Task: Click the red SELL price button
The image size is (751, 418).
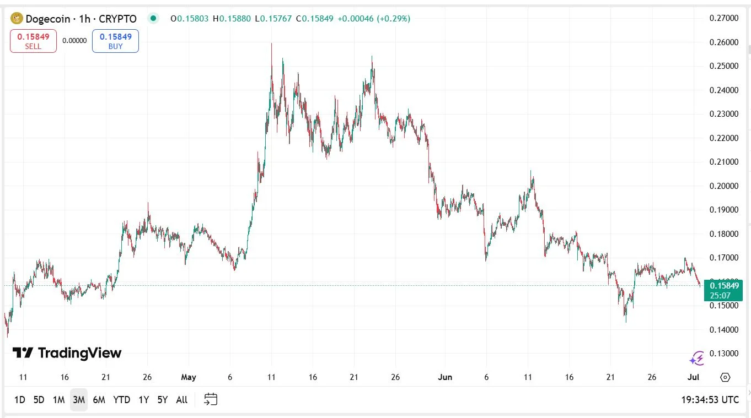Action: tap(33, 41)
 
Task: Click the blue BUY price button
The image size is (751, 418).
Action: tap(115, 41)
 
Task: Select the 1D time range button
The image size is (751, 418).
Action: tap(19, 400)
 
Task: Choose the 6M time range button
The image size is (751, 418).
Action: tap(99, 400)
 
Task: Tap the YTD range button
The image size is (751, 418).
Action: tap(121, 400)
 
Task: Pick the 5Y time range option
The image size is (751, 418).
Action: tap(162, 400)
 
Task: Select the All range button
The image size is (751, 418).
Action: tap(181, 400)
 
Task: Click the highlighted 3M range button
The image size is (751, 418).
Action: tap(79, 400)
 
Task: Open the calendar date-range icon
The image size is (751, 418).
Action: tap(211, 399)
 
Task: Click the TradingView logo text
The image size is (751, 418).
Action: tap(67, 353)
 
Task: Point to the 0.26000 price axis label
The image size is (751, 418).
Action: tap(723, 42)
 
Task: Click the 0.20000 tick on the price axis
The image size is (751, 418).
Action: tap(723, 186)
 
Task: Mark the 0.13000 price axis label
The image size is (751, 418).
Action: tap(723, 354)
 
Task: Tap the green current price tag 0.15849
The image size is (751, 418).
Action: tap(723, 285)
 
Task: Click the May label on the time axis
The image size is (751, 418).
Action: tap(189, 377)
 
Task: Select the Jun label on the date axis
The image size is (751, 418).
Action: tap(445, 377)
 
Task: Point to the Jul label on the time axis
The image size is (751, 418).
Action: tap(694, 377)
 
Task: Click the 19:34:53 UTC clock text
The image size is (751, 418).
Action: tap(710, 400)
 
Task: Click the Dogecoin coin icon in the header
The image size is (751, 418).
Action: tap(17, 19)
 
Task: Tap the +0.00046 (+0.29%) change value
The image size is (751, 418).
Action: tap(374, 19)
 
